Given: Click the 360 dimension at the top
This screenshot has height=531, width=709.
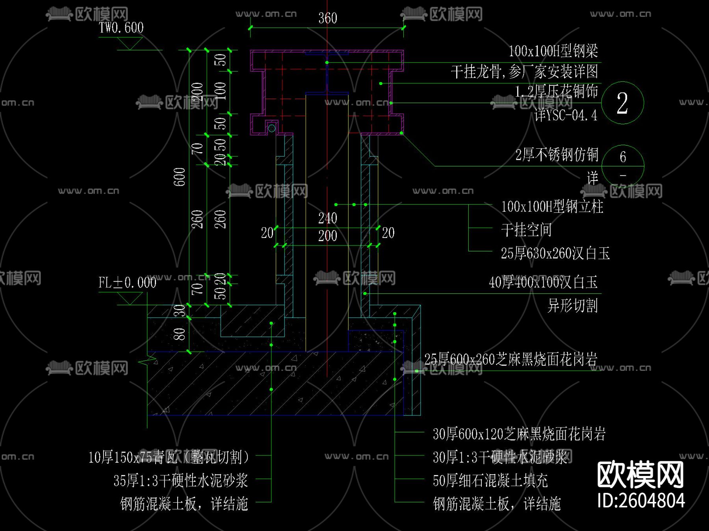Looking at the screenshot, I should [x=327, y=18].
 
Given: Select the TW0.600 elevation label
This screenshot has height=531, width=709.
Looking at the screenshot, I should [x=121, y=28].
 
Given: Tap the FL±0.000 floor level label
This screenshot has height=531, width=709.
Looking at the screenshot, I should [x=127, y=282].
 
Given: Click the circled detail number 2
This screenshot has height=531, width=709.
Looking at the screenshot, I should [x=622, y=103].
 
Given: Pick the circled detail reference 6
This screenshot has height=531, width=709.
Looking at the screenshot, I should [x=623, y=157].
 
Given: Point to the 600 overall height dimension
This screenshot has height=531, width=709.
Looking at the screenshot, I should [x=180, y=177].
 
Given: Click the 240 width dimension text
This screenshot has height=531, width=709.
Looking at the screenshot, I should [x=327, y=218].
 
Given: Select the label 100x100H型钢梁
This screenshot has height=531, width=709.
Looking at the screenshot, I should [x=553, y=51].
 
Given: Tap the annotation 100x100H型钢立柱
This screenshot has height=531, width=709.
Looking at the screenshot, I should [x=552, y=206].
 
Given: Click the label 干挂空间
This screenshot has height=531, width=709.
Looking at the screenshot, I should [x=526, y=230].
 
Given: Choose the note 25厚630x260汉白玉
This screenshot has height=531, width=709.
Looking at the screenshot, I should [x=555, y=253].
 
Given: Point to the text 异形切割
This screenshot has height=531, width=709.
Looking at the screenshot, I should [x=572, y=305].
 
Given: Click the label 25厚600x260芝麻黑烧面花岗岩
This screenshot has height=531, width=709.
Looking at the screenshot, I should [x=510, y=359].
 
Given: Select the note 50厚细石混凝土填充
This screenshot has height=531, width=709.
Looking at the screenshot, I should [x=490, y=480].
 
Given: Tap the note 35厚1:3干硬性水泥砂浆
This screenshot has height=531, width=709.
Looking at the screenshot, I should [x=181, y=480].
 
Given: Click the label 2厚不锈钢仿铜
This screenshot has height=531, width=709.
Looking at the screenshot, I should [x=557, y=155].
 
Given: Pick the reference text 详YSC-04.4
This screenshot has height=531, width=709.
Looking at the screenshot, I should [x=566, y=115].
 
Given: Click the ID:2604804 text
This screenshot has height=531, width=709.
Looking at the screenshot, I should [x=641, y=501].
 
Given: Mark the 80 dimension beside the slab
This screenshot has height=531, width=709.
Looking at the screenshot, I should [x=180, y=334].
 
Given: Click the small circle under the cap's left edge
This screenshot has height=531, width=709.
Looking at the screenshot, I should [x=271, y=128].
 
